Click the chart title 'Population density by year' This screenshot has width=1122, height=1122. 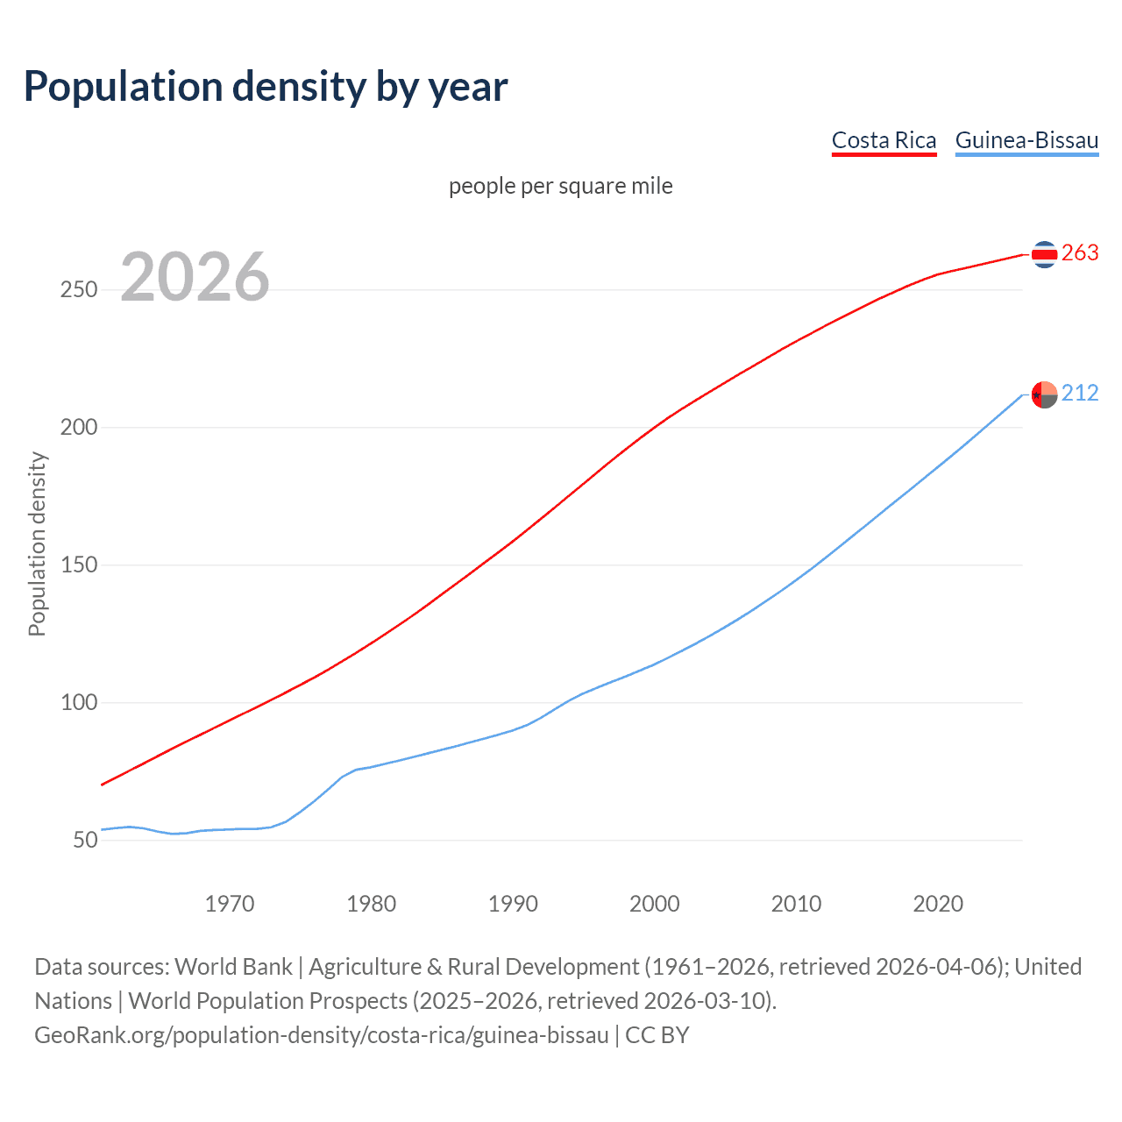coord(266,87)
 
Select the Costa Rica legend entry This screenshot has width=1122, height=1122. coord(884,140)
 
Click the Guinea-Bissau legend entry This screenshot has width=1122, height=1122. coord(1026,140)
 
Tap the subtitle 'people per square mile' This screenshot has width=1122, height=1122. coord(561,187)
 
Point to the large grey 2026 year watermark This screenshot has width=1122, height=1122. coord(195,278)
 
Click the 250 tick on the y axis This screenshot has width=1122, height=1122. coord(78,290)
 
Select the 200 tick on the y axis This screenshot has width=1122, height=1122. coord(78,428)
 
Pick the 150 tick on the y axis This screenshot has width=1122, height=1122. coord(78,565)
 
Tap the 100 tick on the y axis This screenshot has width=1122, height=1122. coord(78,703)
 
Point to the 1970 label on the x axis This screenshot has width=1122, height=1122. coord(230,904)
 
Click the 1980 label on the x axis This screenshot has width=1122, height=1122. coord(372,904)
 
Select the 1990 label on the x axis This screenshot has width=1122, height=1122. coord(513,904)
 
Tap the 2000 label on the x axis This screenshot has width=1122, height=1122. coord(655,904)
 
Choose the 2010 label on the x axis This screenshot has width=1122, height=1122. coord(796,904)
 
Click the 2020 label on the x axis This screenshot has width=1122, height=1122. coord(938,904)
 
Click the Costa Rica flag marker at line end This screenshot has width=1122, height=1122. coord(1044,254)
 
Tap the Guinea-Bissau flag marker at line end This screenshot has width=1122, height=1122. coord(1044,395)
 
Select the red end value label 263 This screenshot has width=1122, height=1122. coord(1080,253)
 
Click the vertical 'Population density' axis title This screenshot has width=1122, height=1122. coord(37,543)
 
